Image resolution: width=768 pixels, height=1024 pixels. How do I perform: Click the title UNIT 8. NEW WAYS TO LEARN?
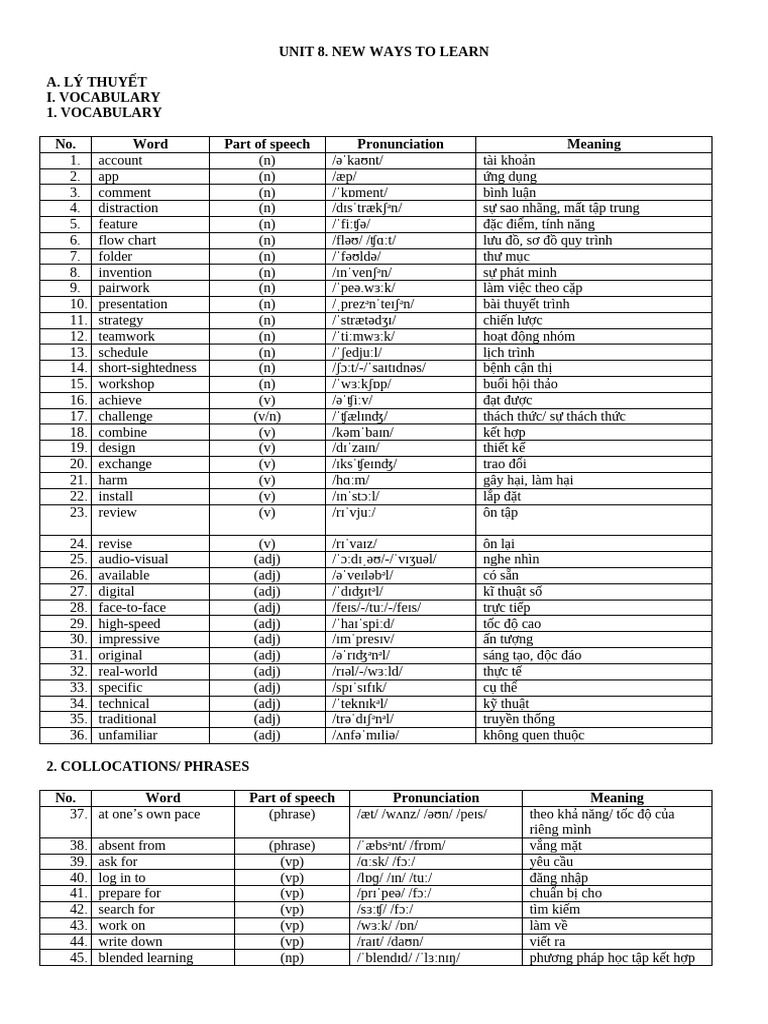point(384,51)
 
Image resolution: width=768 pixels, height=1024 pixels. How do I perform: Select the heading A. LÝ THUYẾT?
point(96,81)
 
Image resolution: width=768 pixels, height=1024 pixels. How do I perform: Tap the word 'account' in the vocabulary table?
point(120,160)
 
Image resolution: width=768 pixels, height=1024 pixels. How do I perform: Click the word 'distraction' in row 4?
point(128,208)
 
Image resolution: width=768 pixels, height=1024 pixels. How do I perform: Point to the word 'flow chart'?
point(127,240)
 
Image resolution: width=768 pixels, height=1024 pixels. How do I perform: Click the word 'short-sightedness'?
point(147,368)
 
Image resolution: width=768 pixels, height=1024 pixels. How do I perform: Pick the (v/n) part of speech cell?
point(267,416)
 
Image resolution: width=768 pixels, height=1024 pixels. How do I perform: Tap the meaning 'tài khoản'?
point(509,160)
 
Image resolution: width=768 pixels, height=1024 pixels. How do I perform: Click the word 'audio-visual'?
point(133,560)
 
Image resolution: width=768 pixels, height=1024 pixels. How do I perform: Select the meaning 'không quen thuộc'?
point(533,736)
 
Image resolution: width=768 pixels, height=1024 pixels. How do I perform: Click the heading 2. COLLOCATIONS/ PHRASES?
point(148,766)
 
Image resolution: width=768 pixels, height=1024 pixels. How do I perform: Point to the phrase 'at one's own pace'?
point(149,814)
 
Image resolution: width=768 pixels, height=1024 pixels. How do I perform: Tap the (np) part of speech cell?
point(292,958)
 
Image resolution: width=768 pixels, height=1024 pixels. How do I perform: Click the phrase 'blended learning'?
point(145,958)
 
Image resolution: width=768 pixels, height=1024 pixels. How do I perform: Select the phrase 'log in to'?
point(122,878)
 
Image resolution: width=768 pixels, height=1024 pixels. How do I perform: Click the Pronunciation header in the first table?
point(400,144)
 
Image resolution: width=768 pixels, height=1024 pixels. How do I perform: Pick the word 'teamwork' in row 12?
point(126,336)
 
